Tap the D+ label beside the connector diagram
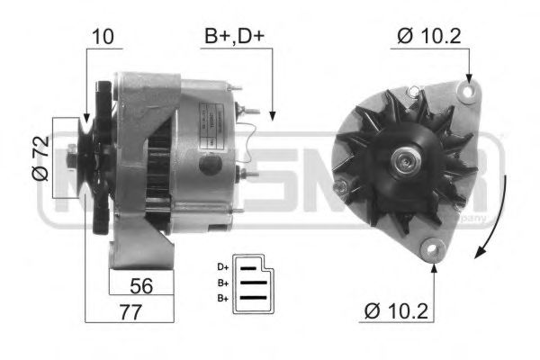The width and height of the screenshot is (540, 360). [x=222, y=266]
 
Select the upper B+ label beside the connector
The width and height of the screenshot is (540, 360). [x=222, y=282]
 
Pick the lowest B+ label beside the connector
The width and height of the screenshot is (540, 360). [x=222, y=297]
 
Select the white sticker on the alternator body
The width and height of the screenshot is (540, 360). [x=209, y=142]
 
